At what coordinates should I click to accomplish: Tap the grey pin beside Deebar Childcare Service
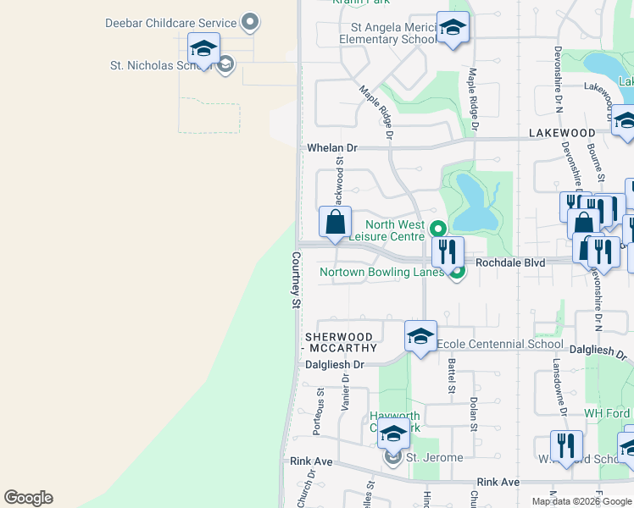249,22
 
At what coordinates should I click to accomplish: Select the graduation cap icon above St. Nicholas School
203,49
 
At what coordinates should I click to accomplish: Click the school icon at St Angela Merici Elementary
453,28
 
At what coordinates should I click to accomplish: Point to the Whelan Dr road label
332,147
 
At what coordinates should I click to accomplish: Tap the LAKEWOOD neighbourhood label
562,134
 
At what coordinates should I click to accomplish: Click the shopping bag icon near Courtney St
335,223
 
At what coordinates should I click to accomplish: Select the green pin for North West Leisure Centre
437,229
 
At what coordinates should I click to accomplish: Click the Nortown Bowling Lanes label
381,272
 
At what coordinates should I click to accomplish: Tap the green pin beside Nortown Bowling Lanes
457,272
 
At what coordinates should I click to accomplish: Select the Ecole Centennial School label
499,344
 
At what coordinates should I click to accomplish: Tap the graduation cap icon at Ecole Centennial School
420,337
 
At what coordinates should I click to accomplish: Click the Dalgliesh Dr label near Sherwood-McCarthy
335,364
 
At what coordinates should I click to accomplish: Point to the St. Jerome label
434,457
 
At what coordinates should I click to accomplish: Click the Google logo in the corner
28,498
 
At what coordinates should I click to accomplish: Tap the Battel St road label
451,374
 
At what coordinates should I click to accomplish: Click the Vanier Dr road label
345,393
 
